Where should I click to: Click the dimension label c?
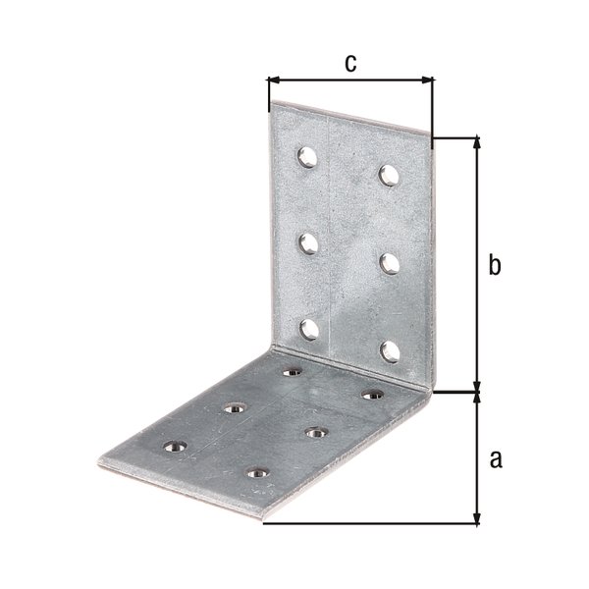click(350, 63)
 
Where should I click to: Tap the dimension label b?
click(496, 265)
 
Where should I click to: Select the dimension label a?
click(496, 457)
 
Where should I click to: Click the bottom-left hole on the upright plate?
click(308, 329)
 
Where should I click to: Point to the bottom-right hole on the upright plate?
click(390, 350)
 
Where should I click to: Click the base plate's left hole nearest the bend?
click(292, 371)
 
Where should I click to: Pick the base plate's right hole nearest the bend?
click(373, 395)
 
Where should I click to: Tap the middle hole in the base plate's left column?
click(234, 406)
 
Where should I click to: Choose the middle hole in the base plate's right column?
click(315, 432)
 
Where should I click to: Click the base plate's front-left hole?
click(174, 446)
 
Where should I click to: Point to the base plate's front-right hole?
click(257, 473)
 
